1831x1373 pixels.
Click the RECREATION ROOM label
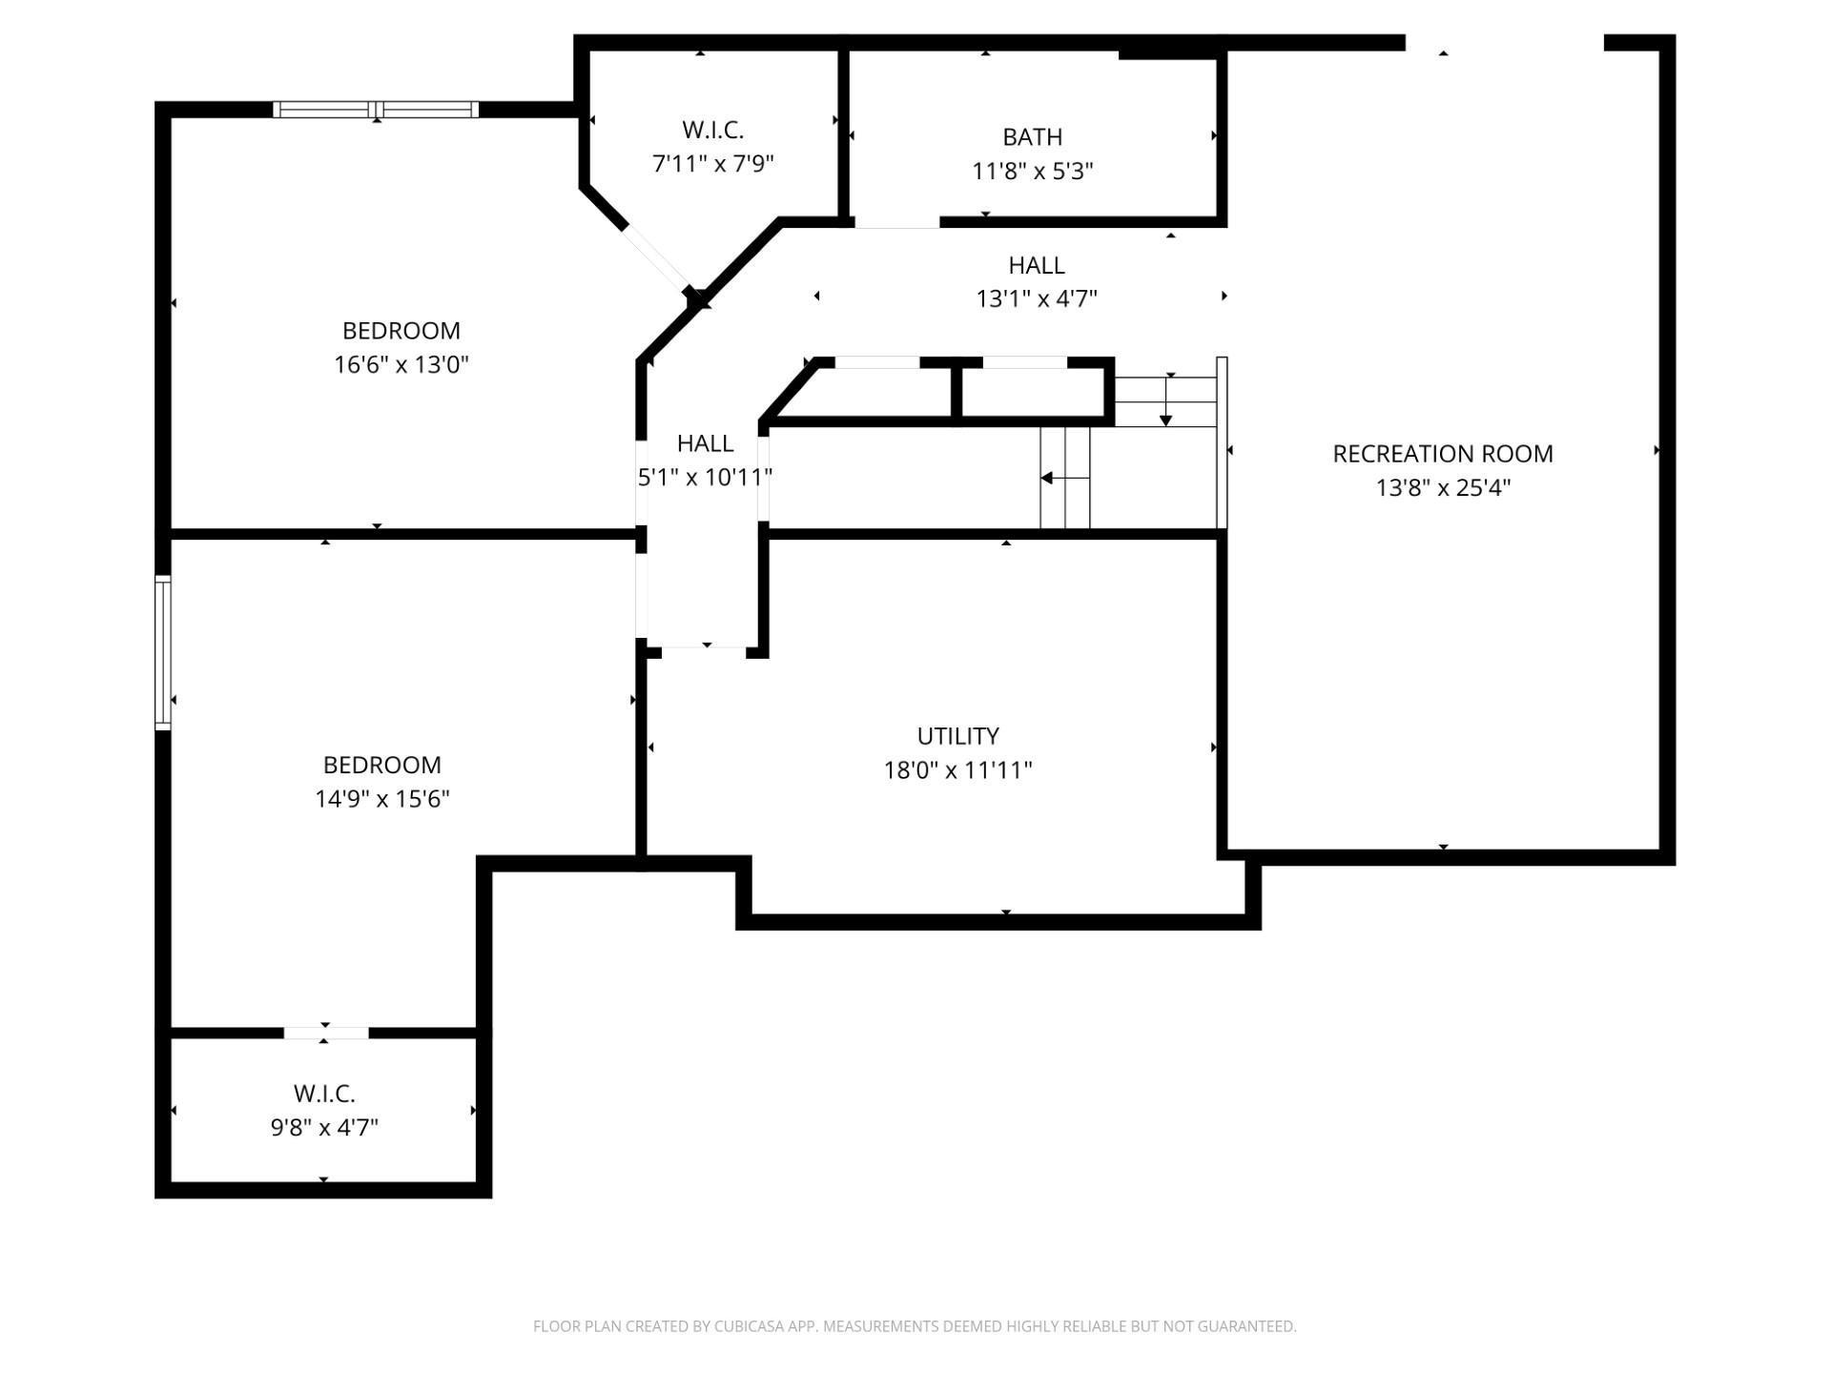coord(1442,454)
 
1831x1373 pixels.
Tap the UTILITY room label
coord(957,736)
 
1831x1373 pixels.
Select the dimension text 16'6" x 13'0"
coord(401,365)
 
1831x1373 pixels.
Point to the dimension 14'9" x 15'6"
coord(381,799)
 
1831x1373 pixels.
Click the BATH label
coord(1032,137)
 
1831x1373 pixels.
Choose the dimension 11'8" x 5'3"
coord(1032,172)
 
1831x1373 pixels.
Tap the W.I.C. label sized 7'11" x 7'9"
coord(712,130)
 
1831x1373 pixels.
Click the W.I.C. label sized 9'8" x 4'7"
coord(324,1094)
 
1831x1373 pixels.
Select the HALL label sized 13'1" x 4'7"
coord(1036,265)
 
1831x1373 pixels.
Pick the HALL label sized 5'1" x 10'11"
coord(705,443)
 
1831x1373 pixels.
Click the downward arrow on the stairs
coord(1165,401)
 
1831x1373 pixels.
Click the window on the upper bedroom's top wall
coord(376,110)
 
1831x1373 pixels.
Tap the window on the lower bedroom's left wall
coord(163,653)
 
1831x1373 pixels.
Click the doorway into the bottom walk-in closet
coord(325,1033)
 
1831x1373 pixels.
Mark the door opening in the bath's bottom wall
coord(896,222)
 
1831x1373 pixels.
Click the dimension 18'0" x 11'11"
coord(957,770)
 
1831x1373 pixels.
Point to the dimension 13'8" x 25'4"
coord(1442,488)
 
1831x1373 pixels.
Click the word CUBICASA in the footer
coord(747,1326)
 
